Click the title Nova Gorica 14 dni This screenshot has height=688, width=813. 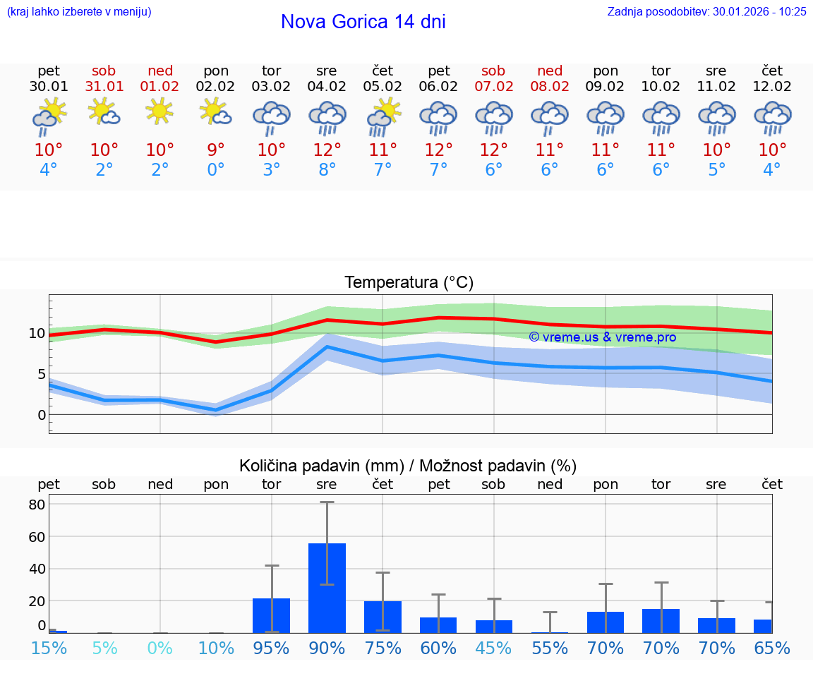(363, 22)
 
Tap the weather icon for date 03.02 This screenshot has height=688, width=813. (272, 117)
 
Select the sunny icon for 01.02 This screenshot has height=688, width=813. (160, 111)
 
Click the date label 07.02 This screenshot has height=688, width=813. (493, 87)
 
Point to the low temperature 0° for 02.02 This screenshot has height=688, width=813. (216, 170)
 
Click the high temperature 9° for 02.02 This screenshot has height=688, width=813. (216, 150)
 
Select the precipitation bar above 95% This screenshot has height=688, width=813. (271, 615)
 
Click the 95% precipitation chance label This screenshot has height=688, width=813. (271, 648)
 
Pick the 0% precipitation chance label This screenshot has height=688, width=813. (160, 648)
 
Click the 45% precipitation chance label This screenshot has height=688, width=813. (493, 648)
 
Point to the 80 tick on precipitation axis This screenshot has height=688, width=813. (37, 505)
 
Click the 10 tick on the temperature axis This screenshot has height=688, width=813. (37, 333)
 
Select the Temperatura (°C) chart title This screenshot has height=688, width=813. (409, 283)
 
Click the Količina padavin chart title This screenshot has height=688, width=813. (408, 466)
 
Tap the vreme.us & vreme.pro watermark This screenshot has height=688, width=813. (602, 337)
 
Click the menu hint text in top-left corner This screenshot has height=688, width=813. (79, 11)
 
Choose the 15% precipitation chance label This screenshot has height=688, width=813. (49, 648)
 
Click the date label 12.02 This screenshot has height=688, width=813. (772, 87)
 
